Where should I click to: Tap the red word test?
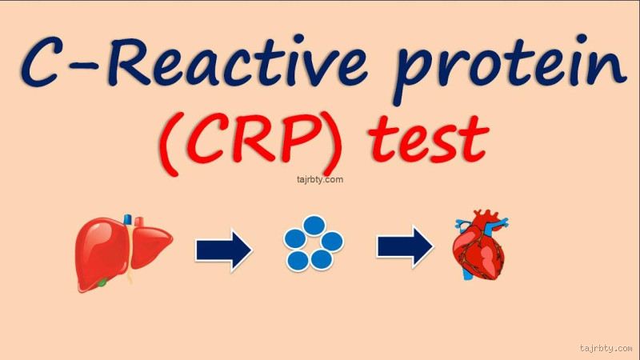[429, 138]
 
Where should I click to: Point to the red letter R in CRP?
[272, 138]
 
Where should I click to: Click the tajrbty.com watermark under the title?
[314, 179]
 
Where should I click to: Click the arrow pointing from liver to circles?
[224, 250]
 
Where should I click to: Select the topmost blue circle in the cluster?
[314, 226]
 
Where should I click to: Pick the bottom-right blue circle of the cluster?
[322, 259]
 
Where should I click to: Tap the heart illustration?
[481, 248]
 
